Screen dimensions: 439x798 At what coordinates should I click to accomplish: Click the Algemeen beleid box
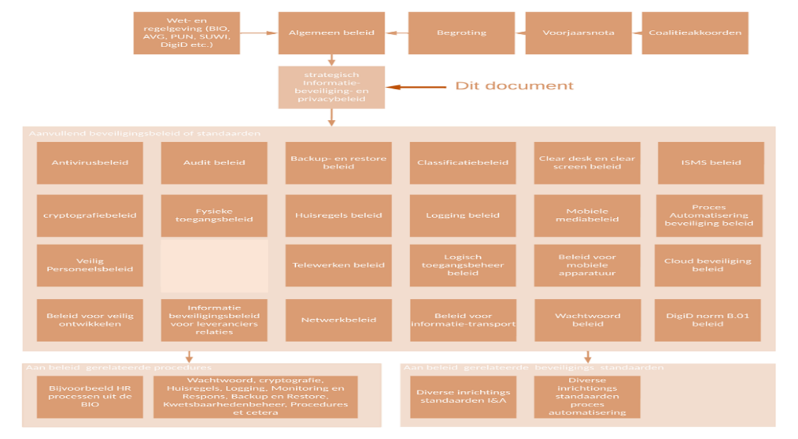tap(331, 33)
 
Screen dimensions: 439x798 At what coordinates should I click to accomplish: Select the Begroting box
tap(461, 33)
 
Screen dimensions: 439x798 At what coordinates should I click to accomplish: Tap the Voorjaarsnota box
tap(578, 33)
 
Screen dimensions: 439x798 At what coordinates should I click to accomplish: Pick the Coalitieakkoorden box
tap(695, 33)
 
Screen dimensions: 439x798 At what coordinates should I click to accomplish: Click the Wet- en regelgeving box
tap(186, 33)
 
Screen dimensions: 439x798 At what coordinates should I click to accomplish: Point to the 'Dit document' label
tap(514, 86)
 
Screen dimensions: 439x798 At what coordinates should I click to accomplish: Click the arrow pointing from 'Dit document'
tap(416, 87)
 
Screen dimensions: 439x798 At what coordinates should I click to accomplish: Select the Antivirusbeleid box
tap(89, 163)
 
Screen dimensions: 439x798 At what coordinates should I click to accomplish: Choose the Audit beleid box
tap(214, 163)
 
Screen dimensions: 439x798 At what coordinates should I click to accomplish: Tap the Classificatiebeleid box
tap(463, 163)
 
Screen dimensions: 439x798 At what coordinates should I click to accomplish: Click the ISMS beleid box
tap(711, 163)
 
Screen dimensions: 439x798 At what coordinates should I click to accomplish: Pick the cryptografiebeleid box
tap(89, 215)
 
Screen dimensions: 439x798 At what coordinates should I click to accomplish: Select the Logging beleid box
tap(463, 215)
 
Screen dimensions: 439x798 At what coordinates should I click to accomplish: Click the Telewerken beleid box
tap(338, 265)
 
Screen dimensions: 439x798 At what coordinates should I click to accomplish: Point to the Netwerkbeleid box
tap(338, 320)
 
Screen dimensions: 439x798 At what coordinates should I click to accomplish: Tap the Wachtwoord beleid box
tap(587, 320)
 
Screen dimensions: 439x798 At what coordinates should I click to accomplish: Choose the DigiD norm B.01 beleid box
tap(707, 320)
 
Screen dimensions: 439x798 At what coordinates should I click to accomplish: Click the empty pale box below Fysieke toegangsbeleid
tap(214, 266)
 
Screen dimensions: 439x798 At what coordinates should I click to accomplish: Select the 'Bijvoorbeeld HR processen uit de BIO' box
tap(89, 397)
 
